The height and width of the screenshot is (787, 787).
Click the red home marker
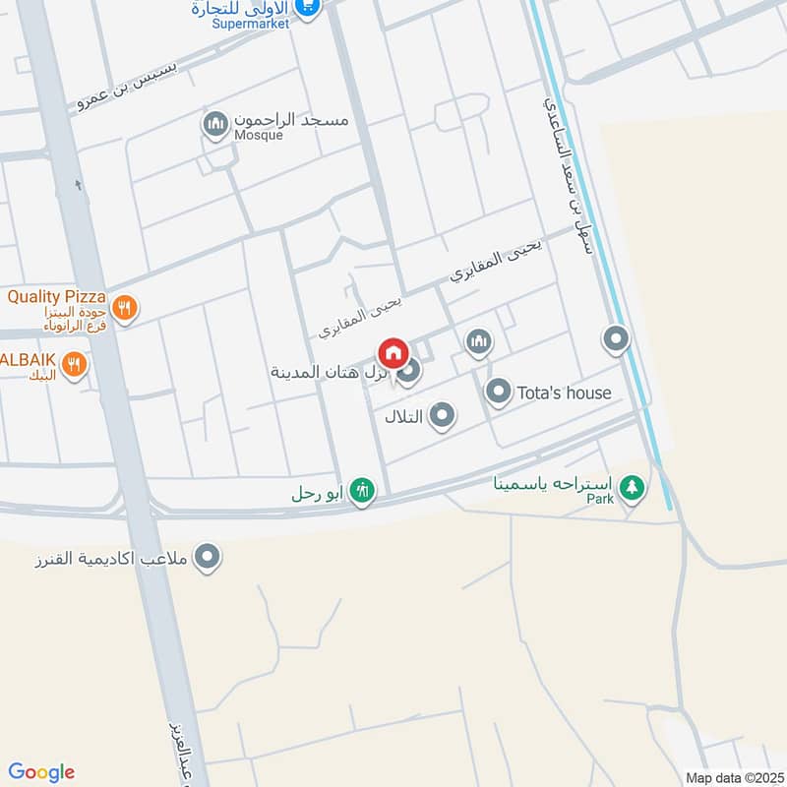click(x=393, y=352)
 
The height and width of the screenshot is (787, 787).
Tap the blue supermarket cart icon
click(x=308, y=6)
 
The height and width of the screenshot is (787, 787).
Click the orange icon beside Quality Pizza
click(x=124, y=308)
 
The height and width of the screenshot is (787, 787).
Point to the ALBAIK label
click(x=28, y=358)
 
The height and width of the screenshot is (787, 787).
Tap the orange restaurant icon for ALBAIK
click(x=74, y=367)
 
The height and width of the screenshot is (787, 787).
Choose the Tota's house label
click(x=563, y=393)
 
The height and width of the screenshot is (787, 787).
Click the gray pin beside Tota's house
click(x=499, y=393)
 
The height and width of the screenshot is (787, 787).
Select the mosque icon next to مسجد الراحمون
click(x=213, y=125)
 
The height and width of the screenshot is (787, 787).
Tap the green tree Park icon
click(x=633, y=485)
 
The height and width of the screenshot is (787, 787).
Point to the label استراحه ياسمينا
click(x=555, y=483)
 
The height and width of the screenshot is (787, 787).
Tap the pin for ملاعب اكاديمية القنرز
click(x=207, y=558)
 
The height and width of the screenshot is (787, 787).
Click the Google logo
click(x=41, y=772)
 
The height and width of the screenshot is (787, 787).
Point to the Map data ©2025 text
click(x=732, y=777)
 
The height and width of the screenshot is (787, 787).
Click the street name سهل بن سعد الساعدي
click(x=570, y=177)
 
